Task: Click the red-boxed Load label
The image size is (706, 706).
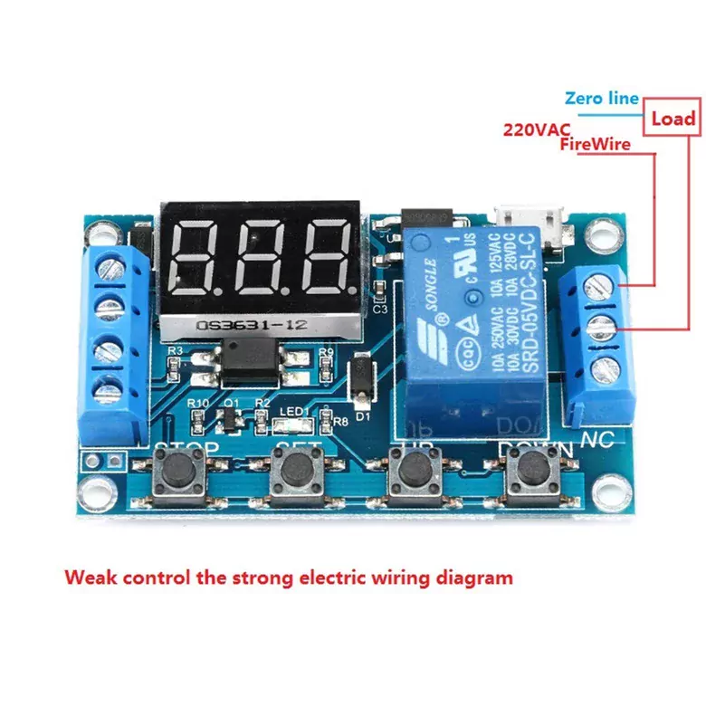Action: tap(673, 118)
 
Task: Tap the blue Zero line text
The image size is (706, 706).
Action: tap(601, 99)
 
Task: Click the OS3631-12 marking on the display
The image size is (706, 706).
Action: tap(238, 324)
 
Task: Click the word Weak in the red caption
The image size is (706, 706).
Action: tap(88, 577)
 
